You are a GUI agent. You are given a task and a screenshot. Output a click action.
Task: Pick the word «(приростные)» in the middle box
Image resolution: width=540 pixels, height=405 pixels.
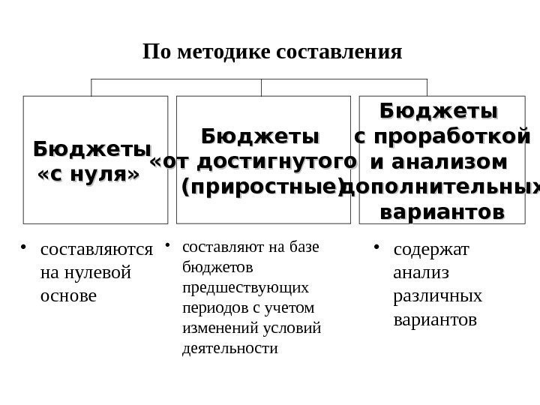262,186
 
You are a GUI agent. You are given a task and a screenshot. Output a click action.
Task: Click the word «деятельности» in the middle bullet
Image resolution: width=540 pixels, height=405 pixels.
229,349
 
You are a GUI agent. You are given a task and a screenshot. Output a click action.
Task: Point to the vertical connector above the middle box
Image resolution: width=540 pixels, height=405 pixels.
261,87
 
